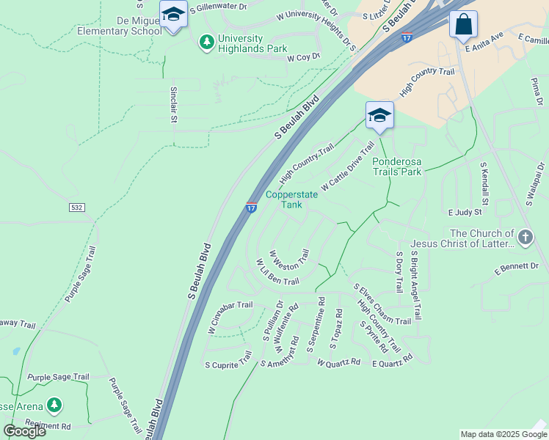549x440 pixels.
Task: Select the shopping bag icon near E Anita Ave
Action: pyautogui.click(x=463, y=25)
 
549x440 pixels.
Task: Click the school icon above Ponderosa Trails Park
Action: pyautogui.click(x=379, y=115)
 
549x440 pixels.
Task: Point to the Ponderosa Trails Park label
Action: pyautogui.click(x=397, y=166)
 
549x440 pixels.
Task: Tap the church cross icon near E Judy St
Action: pyautogui.click(x=525, y=237)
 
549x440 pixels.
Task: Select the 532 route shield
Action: pyautogui.click(x=76, y=208)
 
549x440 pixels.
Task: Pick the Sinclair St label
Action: pyautogui.click(x=174, y=104)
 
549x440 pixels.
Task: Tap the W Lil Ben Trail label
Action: pyautogui.click(x=277, y=272)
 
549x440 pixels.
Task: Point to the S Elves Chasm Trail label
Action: pyautogui.click(x=382, y=304)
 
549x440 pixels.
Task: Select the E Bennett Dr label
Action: pyautogui.click(x=517, y=268)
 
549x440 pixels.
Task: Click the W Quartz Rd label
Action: pyautogui.click(x=338, y=362)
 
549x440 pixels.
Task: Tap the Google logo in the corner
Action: pyautogui.click(x=24, y=430)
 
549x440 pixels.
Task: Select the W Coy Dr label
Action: pyautogui.click(x=304, y=56)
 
